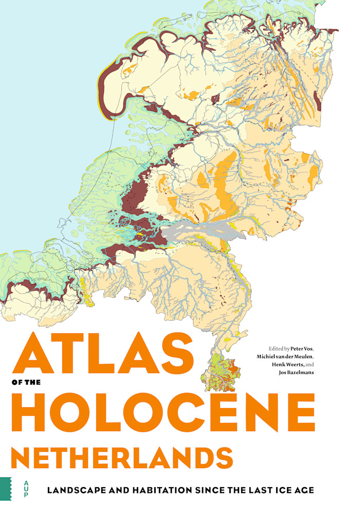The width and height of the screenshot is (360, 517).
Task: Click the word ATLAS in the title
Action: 103,355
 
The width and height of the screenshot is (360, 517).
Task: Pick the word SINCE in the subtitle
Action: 205,490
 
